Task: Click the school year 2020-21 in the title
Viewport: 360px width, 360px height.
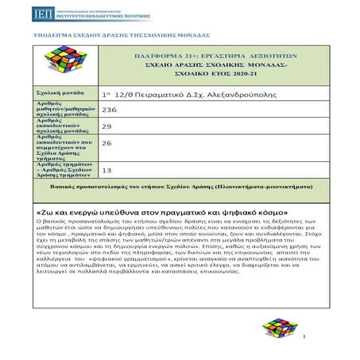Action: pos(236,72)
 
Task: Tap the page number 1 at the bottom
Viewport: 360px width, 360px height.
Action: pos(304,339)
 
